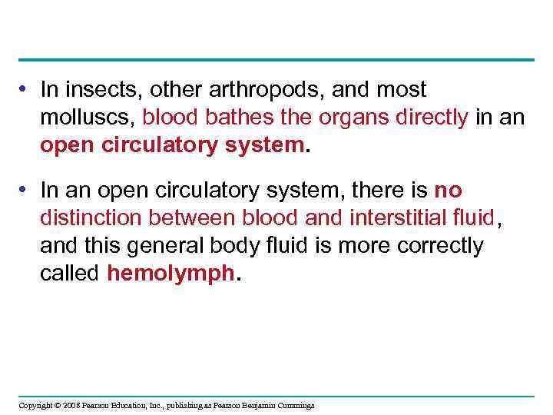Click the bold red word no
pyautogui.click(x=448, y=191)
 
